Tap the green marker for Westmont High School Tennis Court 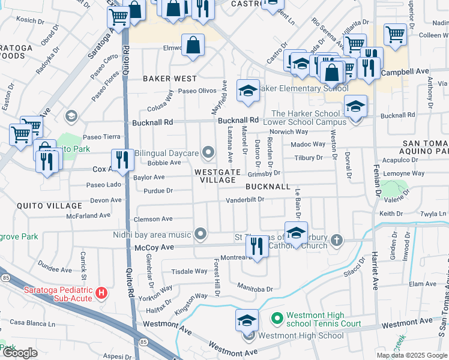tap(277, 317)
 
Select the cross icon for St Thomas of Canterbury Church tap(337, 241)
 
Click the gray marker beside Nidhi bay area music tap(200, 233)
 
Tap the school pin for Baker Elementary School tap(248, 91)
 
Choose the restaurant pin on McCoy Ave tap(257, 246)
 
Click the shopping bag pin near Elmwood tap(193, 46)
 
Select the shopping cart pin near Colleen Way tap(396, 35)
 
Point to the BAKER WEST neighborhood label tap(170, 79)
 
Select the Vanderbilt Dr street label tap(245, 200)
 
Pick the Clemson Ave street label tap(154, 220)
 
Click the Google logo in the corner tap(20, 353)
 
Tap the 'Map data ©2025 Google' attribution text tap(412, 355)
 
